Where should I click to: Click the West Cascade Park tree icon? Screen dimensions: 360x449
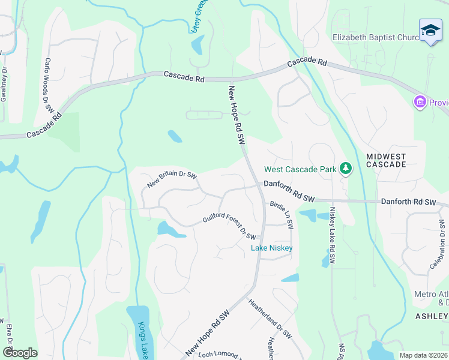345,169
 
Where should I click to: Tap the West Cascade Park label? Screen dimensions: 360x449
301,170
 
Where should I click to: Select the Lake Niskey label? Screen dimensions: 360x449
271,247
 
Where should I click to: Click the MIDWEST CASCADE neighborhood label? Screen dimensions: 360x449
386,160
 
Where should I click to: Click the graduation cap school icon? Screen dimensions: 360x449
430,31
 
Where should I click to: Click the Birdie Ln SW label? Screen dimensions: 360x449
281,215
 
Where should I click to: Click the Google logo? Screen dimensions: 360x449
20,353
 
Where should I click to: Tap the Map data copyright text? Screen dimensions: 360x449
424,355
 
